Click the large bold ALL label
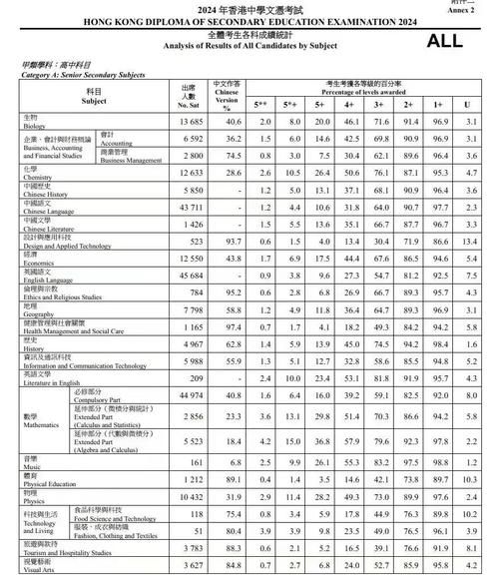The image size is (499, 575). (x=446, y=41)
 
